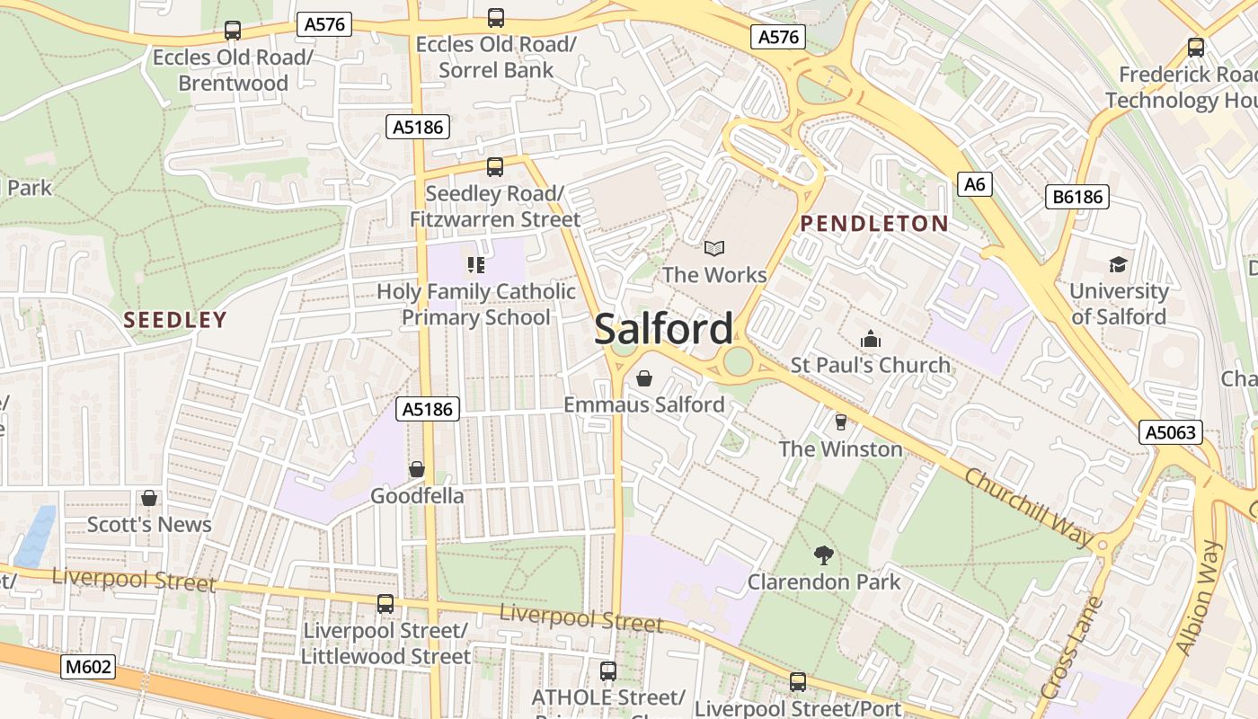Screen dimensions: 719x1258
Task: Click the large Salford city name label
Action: pos(664,329)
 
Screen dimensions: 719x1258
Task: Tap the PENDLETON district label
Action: pos(873,224)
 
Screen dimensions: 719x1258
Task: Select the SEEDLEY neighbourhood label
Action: pos(175,320)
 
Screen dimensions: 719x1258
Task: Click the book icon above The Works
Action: pos(714,248)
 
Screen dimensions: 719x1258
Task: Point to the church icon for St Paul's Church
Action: pos(870,339)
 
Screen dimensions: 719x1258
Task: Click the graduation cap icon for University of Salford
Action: pos(1118,264)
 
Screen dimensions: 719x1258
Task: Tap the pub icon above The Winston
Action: pos(840,422)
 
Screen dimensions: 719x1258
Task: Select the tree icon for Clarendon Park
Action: pos(823,555)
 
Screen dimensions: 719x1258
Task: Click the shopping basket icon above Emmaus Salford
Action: pos(643,378)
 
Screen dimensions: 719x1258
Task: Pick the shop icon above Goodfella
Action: pos(416,469)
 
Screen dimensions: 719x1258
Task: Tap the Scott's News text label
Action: pos(149,524)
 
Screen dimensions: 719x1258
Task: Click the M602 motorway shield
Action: pos(88,667)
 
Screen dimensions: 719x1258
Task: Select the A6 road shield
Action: pos(975,184)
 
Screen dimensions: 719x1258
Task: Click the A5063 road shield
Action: pos(1171,432)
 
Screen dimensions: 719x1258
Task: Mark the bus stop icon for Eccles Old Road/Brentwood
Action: pos(233,31)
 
